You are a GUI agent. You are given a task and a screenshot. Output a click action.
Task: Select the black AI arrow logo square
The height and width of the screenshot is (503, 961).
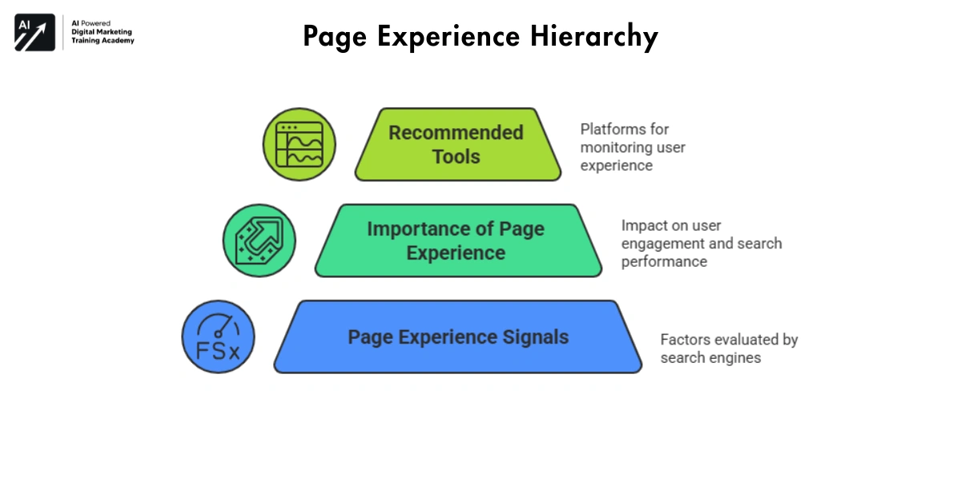click(x=34, y=33)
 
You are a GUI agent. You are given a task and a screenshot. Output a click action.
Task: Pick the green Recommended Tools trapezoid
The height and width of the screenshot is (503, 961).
click(x=457, y=144)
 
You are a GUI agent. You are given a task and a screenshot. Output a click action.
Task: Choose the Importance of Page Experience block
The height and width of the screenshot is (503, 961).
click(x=457, y=240)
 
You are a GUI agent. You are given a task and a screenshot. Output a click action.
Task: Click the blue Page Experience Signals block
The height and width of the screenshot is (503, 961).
click(x=457, y=336)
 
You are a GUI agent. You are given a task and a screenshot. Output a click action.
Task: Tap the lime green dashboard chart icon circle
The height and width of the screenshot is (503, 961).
click(x=300, y=144)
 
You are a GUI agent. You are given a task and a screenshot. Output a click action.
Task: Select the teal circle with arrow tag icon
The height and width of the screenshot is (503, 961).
click(x=259, y=240)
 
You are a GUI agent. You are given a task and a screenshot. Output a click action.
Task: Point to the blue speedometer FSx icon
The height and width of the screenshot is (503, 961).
click(x=218, y=336)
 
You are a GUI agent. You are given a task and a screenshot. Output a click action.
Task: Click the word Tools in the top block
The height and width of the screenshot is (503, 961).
click(x=456, y=156)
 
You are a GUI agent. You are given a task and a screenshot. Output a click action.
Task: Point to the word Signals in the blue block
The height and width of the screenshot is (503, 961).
click(x=534, y=336)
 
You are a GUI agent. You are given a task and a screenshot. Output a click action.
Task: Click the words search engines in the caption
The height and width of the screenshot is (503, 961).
click(x=710, y=358)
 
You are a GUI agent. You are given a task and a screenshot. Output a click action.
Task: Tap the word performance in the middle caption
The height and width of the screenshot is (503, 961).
click(x=664, y=262)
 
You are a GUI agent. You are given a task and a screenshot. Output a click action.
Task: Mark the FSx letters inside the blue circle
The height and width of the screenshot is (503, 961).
click(x=218, y=351)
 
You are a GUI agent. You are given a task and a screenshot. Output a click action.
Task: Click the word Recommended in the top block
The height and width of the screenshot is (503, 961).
click(x=456, y=133)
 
